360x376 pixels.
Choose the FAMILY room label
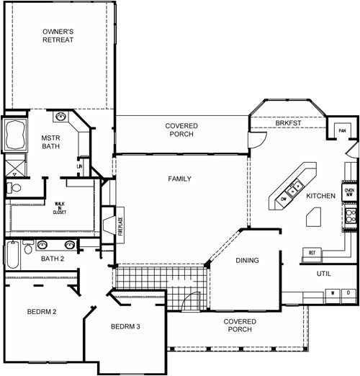[179, 178]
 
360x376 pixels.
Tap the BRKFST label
[288, 123]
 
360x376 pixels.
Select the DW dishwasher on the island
[284, 197]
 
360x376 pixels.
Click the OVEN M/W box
[350, 192]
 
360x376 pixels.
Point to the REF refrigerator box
[312, 253]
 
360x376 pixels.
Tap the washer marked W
[333, 293]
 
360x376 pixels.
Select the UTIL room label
[324, 274]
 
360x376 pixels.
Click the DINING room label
[247, 260]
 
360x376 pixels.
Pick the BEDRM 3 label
[125, 326]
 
